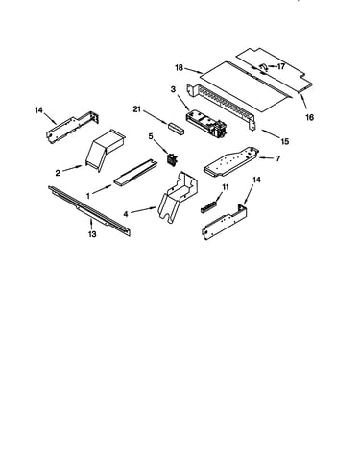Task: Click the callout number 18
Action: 180,68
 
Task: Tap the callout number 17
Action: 280,66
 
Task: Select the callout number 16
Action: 309,117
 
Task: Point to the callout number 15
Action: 285,141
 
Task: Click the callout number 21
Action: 137,109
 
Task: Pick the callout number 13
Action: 92,234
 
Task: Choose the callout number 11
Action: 226,187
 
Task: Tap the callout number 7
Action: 277,158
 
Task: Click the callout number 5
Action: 151,136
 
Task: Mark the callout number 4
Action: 126,214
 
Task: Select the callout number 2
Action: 58,173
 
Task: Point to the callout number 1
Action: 88,195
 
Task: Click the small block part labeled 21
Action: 177,129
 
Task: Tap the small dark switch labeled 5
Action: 173,159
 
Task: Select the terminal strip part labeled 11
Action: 209,206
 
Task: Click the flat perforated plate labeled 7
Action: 231,161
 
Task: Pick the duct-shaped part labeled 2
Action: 105,149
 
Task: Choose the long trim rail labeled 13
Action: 89,211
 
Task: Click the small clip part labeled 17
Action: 263,66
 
